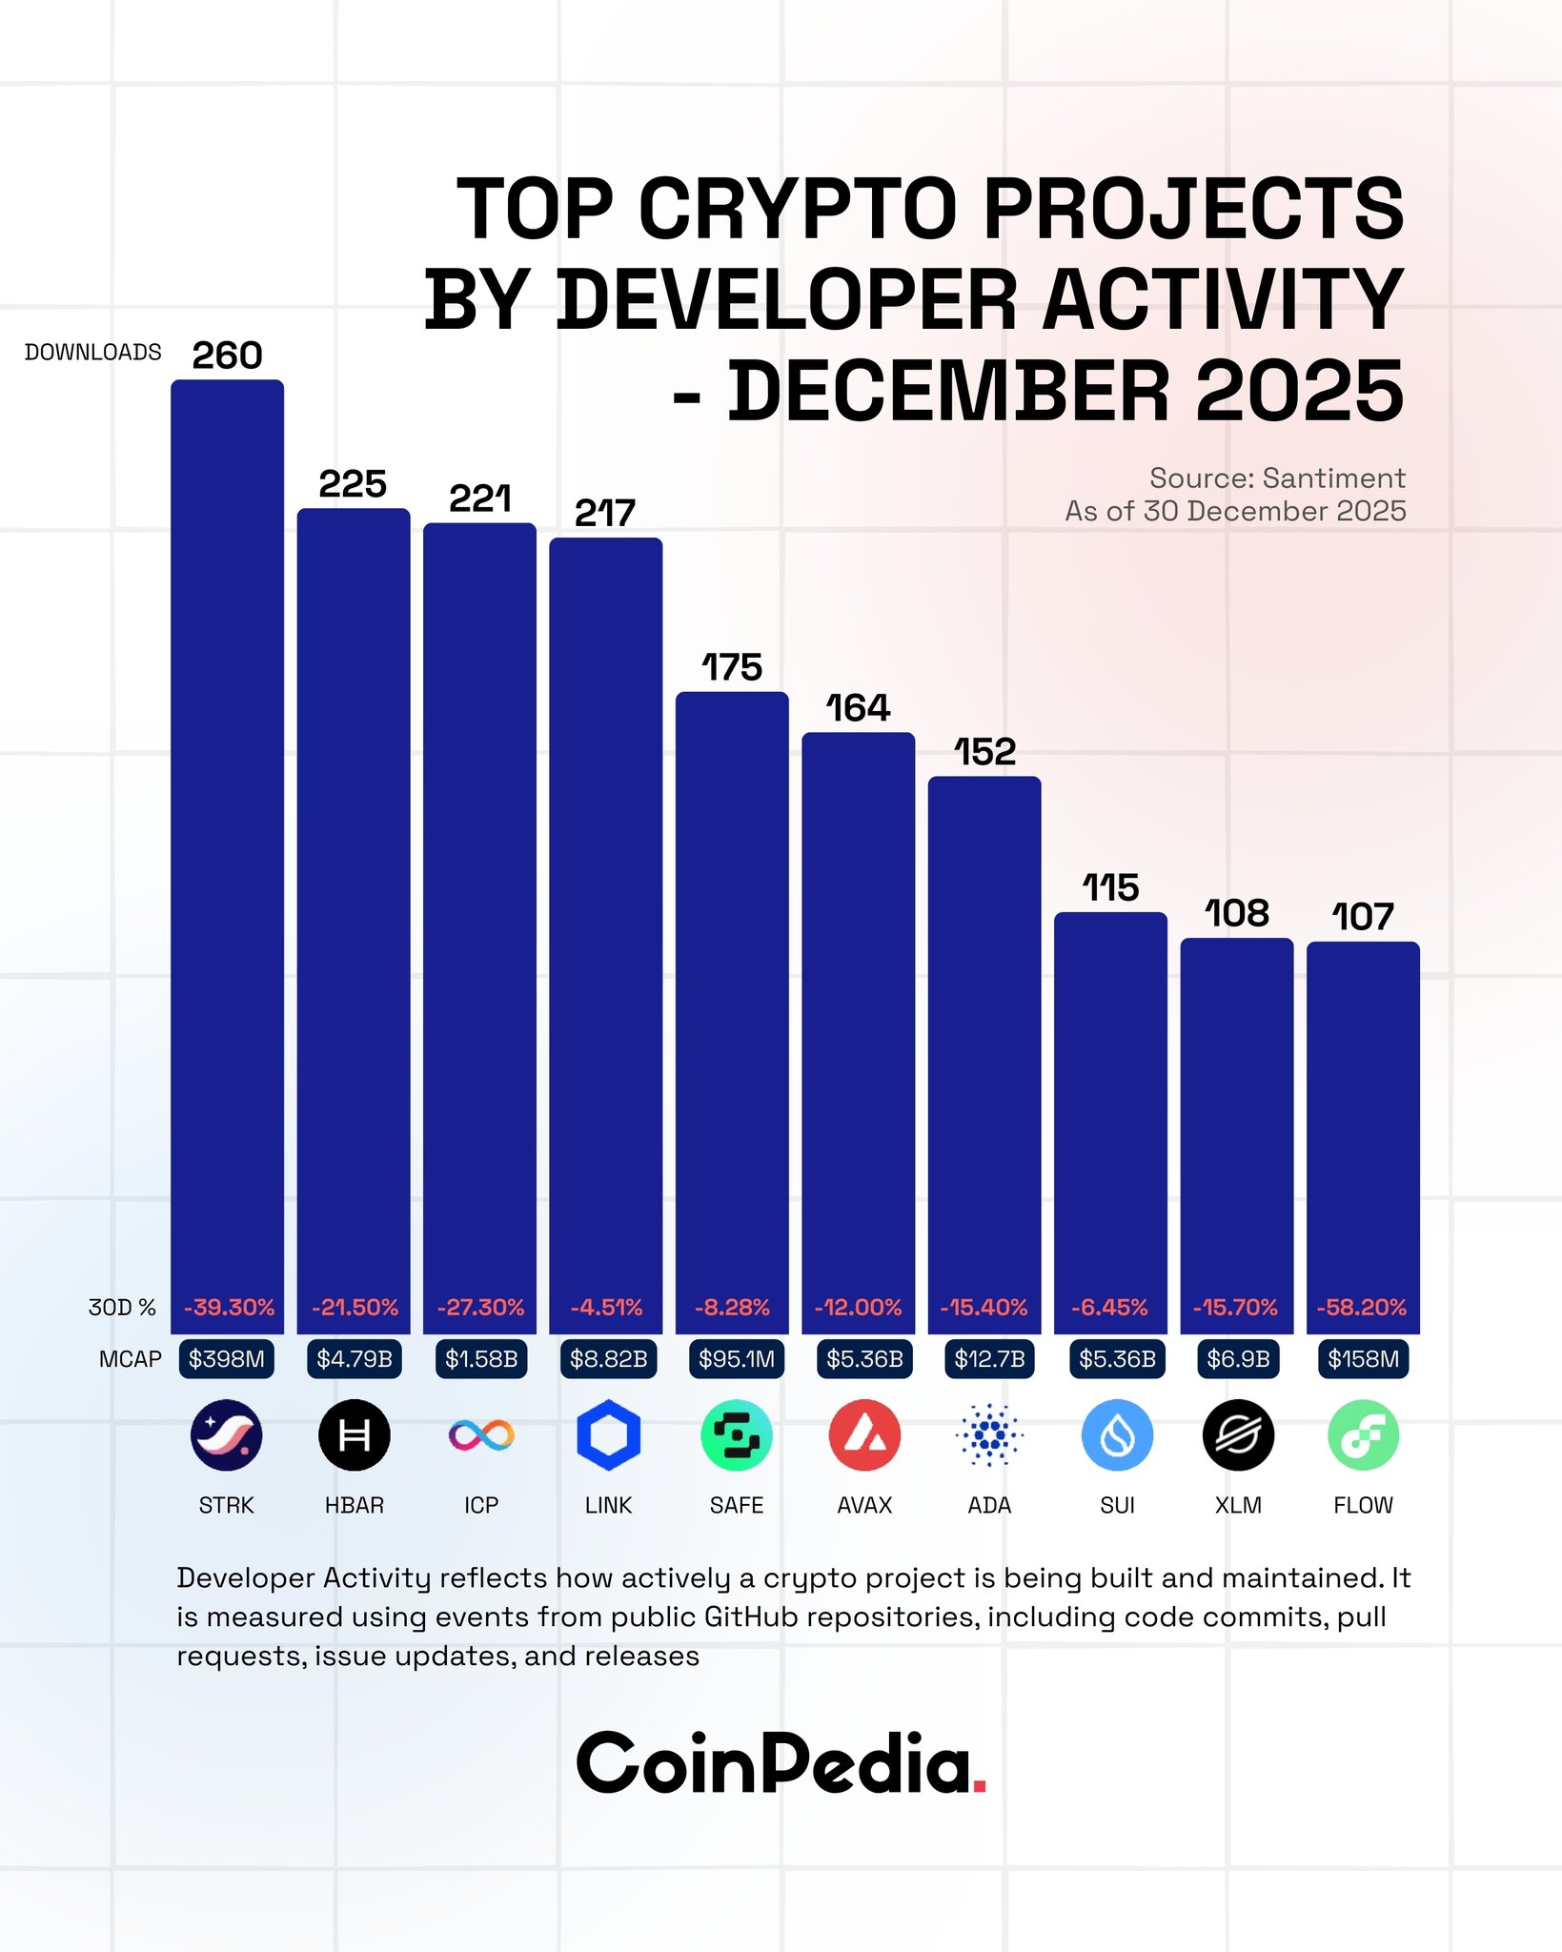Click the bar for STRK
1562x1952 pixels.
click(x=227, y=839)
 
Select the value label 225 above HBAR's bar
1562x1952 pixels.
click(x=353, y=484)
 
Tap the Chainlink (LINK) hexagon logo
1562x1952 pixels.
click(x=608, y=1434)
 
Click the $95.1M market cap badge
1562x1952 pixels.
click(x=736, y=1358)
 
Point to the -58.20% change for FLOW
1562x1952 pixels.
click(x=1362, y=1307)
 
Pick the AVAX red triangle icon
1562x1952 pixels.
click(x=863, y=1434)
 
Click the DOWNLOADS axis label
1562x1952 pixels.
click(x=93, y=353)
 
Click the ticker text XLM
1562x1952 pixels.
click(x=1238, y=1505)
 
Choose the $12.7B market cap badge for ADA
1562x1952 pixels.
click(x=989, y=1358)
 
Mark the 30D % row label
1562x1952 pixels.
click(x=122, y=1307)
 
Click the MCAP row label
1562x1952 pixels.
click(x=131, y=1359)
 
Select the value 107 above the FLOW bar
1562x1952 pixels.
click(x=1363, y=917)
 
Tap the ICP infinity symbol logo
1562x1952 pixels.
click(x=481, y=1434)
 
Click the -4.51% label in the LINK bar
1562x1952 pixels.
click(x=606, y=1307)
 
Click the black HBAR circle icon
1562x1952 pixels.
click(x=354, y=1434)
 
